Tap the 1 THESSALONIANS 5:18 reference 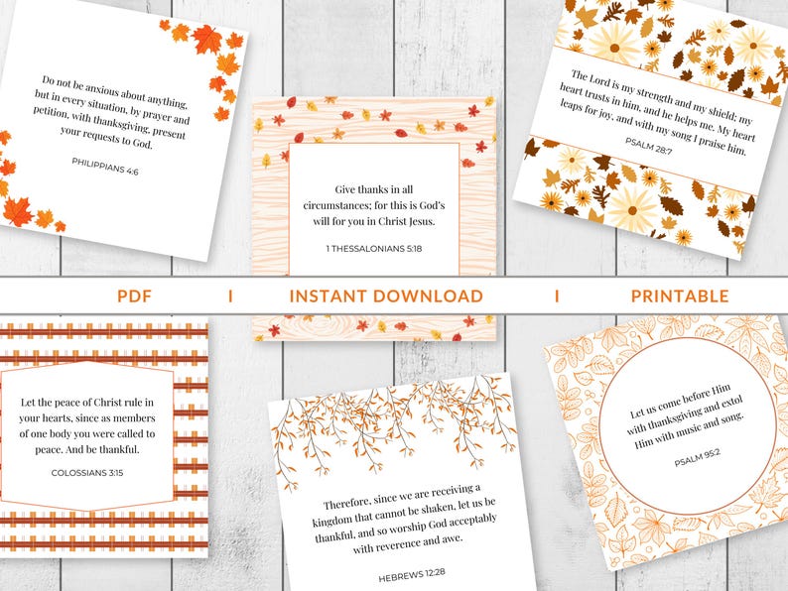pyautogui.click(x=373, y=249)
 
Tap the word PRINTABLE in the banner pyautogui.click(x=680, y=295)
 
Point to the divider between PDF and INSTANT pyautogui.click(x=230, y=295)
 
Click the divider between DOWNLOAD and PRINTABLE pyautogui.click(x=556, y=295)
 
